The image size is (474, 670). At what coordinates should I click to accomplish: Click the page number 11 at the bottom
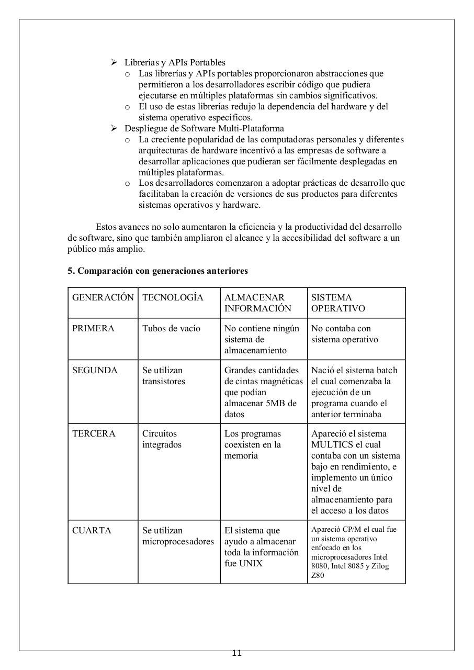pyautogui.click(x=236, y=653)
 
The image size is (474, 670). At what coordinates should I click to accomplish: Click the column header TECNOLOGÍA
pyautogui.click(x=173, y=297)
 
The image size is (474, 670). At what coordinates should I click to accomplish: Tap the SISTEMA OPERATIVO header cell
pyautogui.click(x=338, y=303)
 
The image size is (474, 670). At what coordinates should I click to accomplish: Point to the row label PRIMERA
pyautogui.click(x=93, y=328)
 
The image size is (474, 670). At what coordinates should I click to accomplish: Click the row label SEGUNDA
pyautogui.click(x=95, y=370)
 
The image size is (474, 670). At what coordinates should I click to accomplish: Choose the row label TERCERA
pyautogui.click(x=93, y=433)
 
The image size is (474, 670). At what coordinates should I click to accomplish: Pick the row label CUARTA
pyautogui.click(x=92, y=530)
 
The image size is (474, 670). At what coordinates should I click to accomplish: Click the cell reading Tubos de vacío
pyautogui.click(x=171, y=328)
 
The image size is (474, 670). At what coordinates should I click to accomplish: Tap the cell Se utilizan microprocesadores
pyautogui.click(x=178, y=536)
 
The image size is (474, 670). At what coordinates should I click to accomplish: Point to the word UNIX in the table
pyautogui.click(x=252, y=563)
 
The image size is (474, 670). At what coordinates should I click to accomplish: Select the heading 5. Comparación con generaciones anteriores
pyautogui.click(x=157, y=271)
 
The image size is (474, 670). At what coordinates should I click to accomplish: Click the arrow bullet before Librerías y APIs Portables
pyautogui.click(x=114, y=62)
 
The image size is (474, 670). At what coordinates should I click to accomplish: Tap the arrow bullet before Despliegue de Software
pyautogui.click(x=114, y=128)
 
